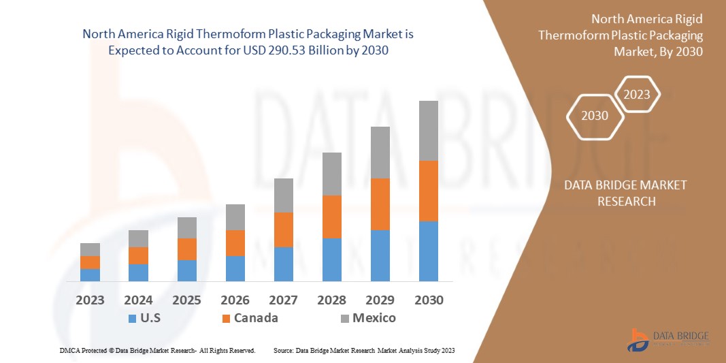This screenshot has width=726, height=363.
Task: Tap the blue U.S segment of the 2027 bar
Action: coord(283,264)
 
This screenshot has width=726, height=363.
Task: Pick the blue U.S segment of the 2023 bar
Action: coord(90,275)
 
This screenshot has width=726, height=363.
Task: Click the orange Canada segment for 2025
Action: coord(186,249)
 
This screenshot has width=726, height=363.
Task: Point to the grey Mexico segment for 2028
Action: coord(331,174)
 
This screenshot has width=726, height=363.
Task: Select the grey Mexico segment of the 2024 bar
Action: coord(138,238)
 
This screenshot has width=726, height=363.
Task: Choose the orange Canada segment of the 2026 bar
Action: coord(235,243)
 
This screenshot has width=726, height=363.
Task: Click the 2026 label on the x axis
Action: coord(235,300)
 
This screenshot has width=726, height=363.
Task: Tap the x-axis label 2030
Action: coord(428,300)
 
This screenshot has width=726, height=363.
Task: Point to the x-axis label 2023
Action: coord(90,300)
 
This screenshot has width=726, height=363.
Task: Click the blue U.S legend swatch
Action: coord(132,318)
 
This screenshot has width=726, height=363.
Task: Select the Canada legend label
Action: coord(256,317)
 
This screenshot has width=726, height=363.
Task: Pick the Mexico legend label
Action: coord(374,317)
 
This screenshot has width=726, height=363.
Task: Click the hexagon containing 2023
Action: coord(637,95)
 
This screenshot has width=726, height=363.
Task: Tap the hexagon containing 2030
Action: coord(595,116)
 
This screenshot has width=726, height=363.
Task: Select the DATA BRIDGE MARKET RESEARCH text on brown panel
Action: coord(625,193)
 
